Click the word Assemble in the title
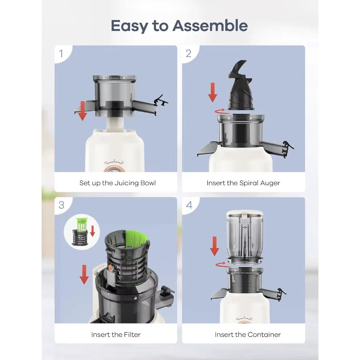(210, 26)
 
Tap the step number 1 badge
(61, 54)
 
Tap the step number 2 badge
(189, 54)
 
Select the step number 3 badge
(61, 205)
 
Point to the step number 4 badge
(189, 205)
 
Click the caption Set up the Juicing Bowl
(117, 183)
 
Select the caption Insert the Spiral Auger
(243, 183)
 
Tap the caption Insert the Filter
(116, 334)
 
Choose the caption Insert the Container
(248, 334)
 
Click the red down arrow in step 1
(82, 111)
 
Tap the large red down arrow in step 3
(84, 274)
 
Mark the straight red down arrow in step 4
(214, 246)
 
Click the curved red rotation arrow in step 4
(220, 264)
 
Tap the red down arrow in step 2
(212, 92)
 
